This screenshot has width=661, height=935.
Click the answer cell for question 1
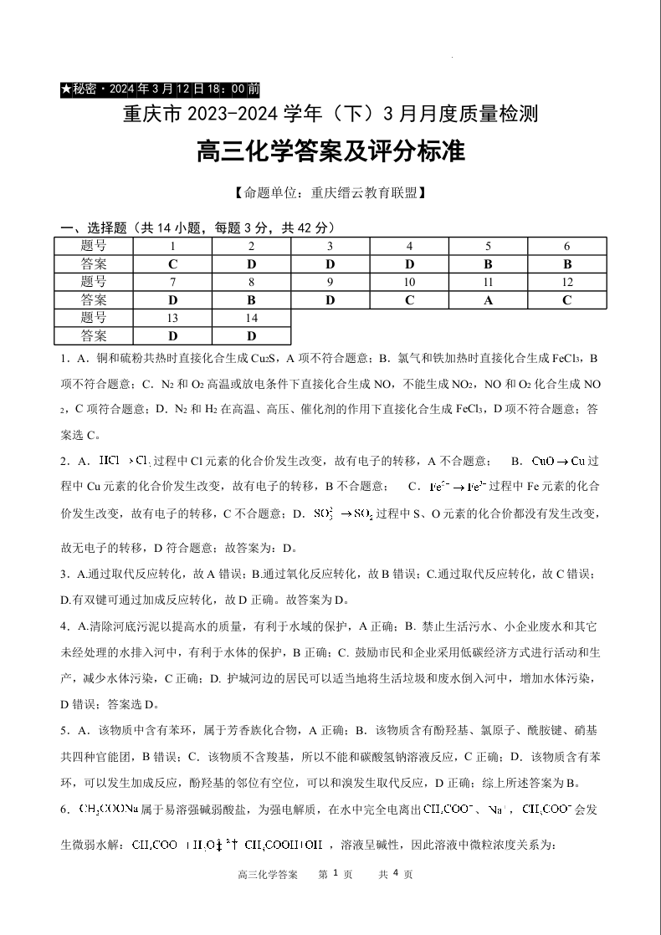172,263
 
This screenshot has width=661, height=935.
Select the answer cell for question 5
489,263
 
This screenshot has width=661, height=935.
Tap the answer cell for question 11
489,300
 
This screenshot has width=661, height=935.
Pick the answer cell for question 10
409,300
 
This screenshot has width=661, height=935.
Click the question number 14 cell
251,318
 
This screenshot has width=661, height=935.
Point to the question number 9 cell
330,282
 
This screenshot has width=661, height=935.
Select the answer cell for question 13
172,336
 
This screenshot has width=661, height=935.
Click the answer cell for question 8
251,300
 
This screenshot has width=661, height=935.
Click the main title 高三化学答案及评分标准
330,152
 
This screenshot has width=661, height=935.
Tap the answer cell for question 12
567,300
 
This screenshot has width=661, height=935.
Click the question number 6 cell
567,246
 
